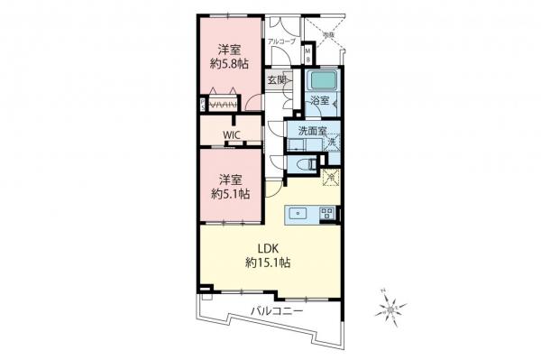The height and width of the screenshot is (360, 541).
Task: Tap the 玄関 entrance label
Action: point(276,80)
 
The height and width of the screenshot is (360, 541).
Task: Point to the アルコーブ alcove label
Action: point(280,42)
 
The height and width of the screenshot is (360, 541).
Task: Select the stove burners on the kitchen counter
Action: point(326,213)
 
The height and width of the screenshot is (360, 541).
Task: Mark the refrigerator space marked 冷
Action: point(330,177)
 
